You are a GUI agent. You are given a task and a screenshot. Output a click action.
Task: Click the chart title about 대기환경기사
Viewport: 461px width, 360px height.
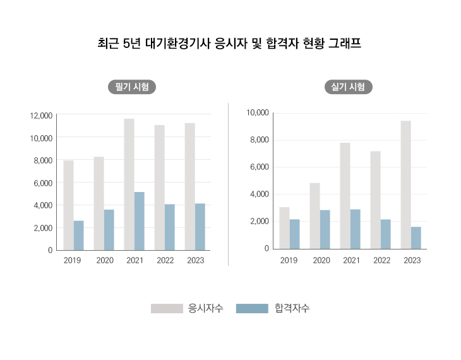pyautogui.click(x=229, y=44)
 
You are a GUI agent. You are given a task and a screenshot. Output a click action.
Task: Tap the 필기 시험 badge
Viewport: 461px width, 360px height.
pyautogui.click(x=132, y=87)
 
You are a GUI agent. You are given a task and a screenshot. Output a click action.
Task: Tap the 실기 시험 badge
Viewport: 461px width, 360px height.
pyautogui.click(x=348, y=87)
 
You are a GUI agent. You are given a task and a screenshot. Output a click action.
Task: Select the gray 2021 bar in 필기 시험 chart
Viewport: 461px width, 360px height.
pyautogui.click(x=129, y=184)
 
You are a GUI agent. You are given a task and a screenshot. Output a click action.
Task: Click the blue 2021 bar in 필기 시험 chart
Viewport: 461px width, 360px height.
pyautogui.click(x=140, y=220)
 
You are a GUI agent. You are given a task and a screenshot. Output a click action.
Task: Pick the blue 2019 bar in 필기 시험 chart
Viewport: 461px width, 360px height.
pyautogui.click(x=79, y=235)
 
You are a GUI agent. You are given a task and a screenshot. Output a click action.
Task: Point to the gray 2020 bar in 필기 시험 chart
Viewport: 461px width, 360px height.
pyautogui.click(x=99, y=203)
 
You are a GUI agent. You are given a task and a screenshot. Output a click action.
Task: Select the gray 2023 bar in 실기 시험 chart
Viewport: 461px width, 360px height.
pyautogui.click(x=405, y=184)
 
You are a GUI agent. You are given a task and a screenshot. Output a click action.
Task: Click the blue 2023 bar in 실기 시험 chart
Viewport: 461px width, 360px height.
pyautogui.click(x=416, y=237)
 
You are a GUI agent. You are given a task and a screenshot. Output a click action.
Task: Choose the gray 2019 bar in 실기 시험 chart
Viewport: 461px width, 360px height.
pyautogui.click(x=285, y=227)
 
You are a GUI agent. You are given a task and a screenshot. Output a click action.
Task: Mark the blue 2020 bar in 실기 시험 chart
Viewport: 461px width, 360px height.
pyautogui.click(x=325, y=229)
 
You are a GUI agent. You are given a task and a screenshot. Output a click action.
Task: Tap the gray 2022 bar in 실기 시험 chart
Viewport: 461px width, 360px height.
pyautogui.click(x=375, y=200)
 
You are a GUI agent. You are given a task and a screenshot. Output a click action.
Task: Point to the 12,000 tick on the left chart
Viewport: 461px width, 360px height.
pyautogui.click(x=41, y=115)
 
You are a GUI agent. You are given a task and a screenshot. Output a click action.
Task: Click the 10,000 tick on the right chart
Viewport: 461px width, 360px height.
pyautogui.click(x=259, y=113)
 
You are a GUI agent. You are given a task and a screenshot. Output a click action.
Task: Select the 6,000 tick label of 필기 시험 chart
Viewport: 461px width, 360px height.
pyautogui.click(x=42, y=183)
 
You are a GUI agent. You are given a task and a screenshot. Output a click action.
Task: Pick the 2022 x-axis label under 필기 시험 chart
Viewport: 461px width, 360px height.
pyautogui.click(x=165, y=260)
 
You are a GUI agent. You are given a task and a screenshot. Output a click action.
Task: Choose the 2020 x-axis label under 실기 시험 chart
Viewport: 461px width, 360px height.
pyautogui.click(x=321, y=260)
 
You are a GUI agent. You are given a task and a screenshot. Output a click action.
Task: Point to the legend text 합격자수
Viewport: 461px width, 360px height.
pyautogui.click(x=292, y=308)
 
